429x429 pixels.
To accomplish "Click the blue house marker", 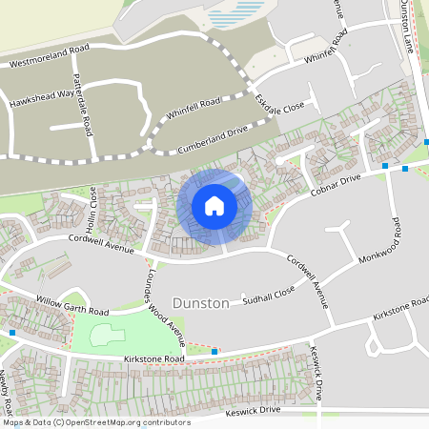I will pyautogui.click(x=214, y=205).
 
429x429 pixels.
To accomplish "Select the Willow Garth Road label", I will pyautogui.click(x=72, y=305).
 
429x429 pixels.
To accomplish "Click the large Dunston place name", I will pyautogui.click(x=200, y=303).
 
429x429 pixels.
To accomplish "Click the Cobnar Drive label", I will pyautogui.click(x=335, y=185).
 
